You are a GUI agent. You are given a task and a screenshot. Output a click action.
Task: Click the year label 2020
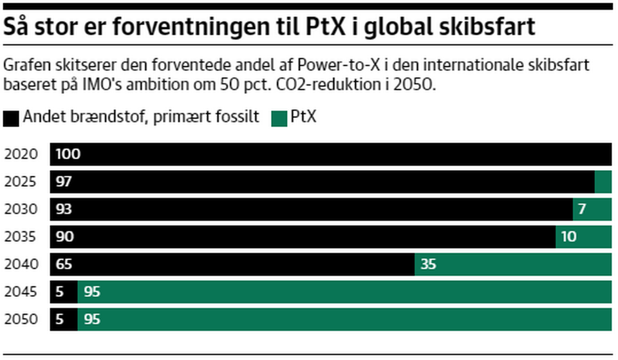[21, 155]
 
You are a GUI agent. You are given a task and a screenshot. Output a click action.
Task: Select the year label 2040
[21, 264]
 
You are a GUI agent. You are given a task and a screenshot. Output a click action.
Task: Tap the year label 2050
[21, 319]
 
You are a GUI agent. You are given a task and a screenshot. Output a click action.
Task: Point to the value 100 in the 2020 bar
[68, 155]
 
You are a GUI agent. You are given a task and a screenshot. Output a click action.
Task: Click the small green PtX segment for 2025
[603, 182]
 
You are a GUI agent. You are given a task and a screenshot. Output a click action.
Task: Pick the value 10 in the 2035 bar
[568, 237]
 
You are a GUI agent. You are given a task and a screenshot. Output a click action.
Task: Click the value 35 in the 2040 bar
[428, 264]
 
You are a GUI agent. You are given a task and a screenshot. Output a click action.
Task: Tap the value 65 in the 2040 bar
[64, 264]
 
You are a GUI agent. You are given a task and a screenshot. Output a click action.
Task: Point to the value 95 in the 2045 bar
[92, 292]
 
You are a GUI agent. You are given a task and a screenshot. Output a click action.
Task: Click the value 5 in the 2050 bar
[60, 319]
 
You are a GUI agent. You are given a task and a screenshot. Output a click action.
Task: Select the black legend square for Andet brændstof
[12, 118]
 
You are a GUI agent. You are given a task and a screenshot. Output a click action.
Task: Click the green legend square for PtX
[279, 118]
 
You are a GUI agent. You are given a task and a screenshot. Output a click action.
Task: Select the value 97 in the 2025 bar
[64, 182]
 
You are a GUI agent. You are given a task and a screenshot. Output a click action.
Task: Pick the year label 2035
[21, 237]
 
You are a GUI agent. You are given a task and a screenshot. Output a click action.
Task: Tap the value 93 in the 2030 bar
[64, 209]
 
